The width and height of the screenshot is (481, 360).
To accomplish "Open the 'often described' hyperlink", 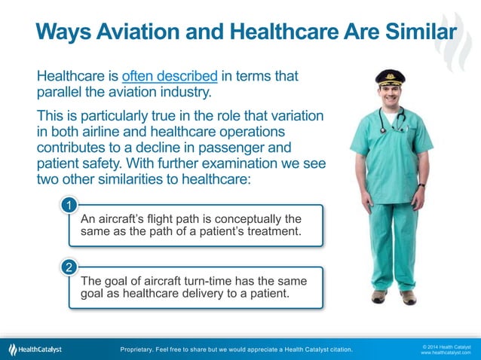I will (x=170, y=76).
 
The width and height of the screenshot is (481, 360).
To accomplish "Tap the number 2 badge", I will (x=68, y=267).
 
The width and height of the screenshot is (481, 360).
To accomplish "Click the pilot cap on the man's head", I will (x=390, y=77).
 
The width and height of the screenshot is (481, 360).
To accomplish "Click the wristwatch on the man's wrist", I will (x=421, y=185).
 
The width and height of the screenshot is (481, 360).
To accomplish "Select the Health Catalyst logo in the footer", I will (x=35, y=349).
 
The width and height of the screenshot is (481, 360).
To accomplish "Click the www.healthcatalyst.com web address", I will (x=446, y=353).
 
